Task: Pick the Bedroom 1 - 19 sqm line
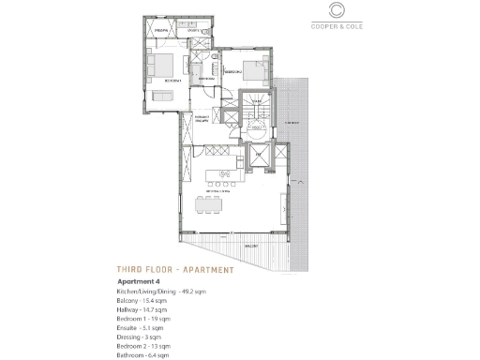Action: click(143, 319)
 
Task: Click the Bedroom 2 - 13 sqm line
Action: click(143, 346)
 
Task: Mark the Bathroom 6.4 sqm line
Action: click(142, 355)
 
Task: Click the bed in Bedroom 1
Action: click(161, 65)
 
